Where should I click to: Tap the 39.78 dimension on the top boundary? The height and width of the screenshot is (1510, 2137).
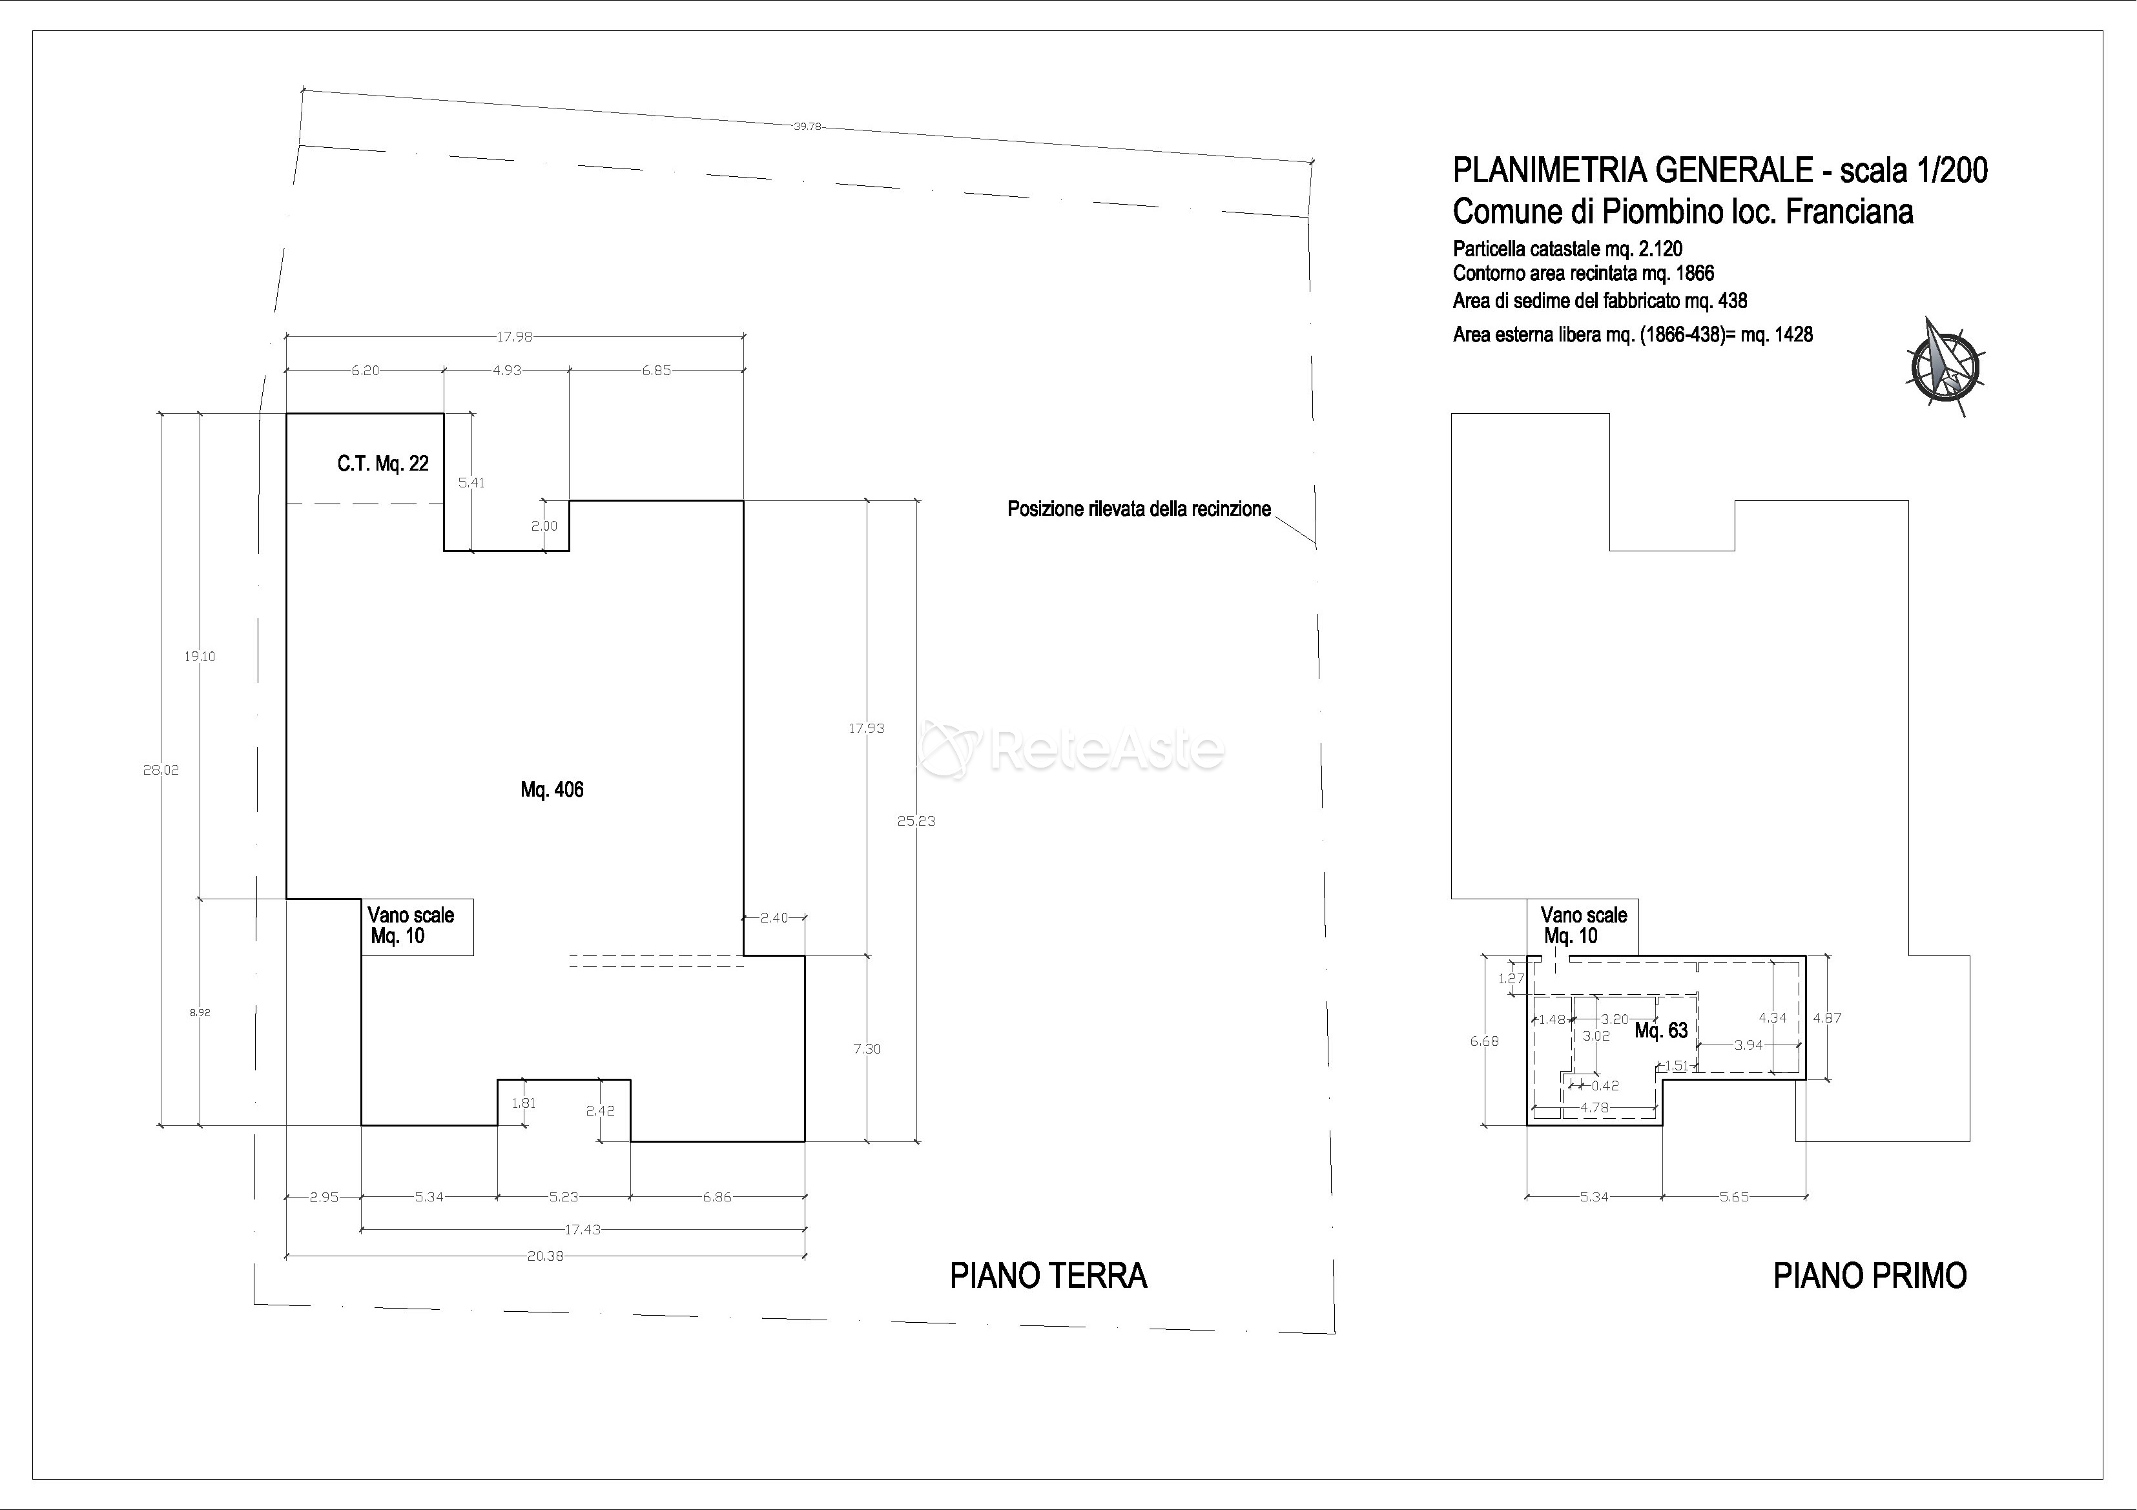tap(807, 127)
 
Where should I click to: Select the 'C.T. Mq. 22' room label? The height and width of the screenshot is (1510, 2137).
tap(382, 464)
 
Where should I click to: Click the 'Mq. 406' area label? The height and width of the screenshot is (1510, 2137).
tap(552, 790)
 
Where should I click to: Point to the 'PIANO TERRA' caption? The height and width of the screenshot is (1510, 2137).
tap(1048, 1276)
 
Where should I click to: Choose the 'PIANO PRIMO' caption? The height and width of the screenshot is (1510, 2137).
tap(1870, 1276)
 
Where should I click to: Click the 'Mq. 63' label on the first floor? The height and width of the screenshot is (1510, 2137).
tap(1662, 1031)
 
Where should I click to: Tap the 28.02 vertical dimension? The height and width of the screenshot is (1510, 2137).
tap(161, 770)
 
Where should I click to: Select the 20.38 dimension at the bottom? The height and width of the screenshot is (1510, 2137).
tap(546, 1256)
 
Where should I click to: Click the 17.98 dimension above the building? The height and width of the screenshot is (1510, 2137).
tap(514, 337)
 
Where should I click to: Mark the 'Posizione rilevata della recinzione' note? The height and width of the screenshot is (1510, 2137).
tap(1139, 509)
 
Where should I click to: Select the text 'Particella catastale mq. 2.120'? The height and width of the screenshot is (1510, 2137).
tap(1567, 249)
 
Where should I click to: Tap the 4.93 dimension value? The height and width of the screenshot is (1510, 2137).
tap(507, 371)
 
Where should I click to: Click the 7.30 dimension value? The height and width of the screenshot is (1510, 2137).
tap(867, 1048)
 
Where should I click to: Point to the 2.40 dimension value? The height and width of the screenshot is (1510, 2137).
tap(774, 917)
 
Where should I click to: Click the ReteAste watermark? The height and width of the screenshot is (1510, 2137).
tap(1070, 749)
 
